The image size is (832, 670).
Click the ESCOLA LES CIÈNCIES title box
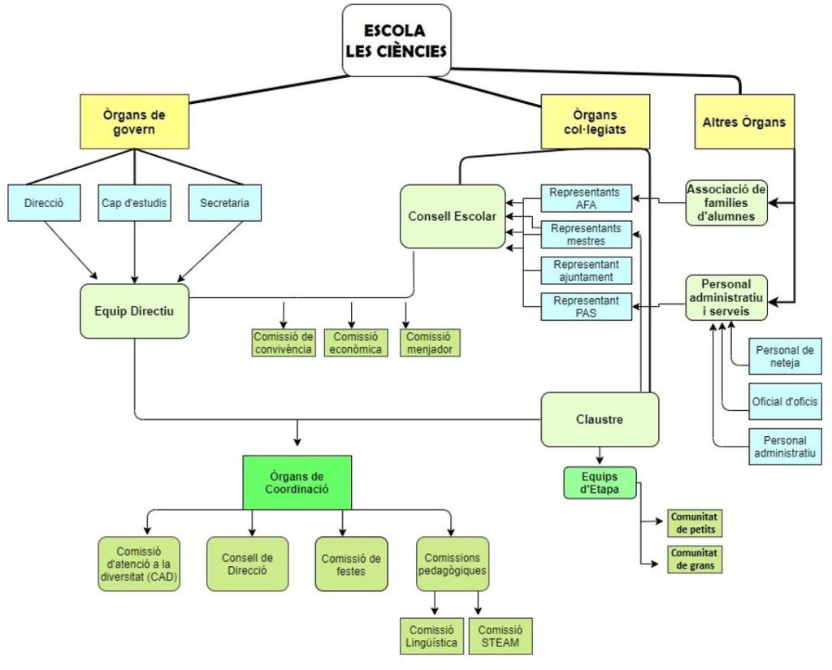pyautogui.click(x=396, y=41)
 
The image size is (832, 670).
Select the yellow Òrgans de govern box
pyautogui.click(x=134, y=122)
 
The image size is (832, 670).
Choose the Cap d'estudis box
pyautogui.click(x=134, y=203)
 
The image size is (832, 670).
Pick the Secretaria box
pyautogui.click(x=224, y=203)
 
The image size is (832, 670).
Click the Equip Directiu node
pyautogui.click(x=134, y=310)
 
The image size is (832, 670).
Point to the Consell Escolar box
pyautogui.click(x=452, y=217)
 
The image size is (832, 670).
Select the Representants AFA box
pyautogui.click(x=585, y=199)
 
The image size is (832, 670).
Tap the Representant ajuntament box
pyautogui.click(x=586, y=270)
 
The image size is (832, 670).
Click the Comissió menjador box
pyautogui.click(x=430, y=343)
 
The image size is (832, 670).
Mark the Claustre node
pyautogui.click(x=600, y=420)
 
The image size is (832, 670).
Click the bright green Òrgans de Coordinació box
pyautogui.click(x=297, y=482)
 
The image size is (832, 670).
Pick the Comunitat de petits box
pyautogui.click(x=695, y=523)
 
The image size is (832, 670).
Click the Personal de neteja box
pyautogui.click(x=785, y=357)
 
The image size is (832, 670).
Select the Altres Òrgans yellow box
pyautogui.click(x=743, y=122)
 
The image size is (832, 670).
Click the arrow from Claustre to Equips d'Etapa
pyautogui.click(x=600, y=456)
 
